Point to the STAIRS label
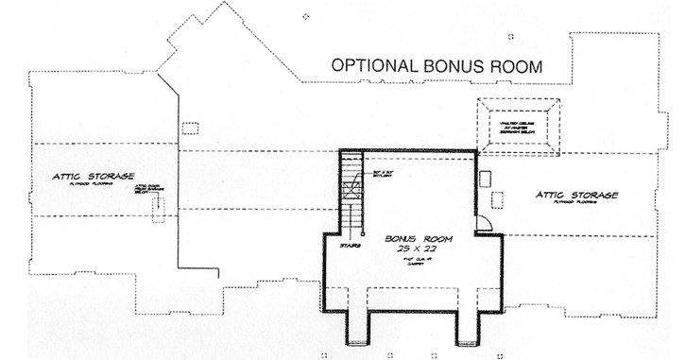[351, 243]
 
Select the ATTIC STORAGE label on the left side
[93, 177]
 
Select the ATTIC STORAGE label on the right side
[576, 195]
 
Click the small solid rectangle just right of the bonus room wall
[486, 178]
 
